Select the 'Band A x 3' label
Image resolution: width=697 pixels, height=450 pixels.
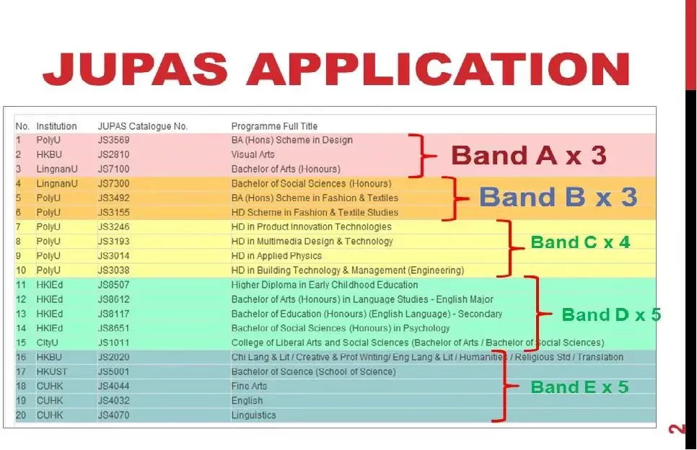(x=528, y=155)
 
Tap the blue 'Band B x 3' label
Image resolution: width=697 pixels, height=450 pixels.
(x=558, y=197)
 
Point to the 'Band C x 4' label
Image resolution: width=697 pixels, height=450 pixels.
(x=580, y=242)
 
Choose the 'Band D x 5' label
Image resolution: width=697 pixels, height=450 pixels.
(x=610, y=314)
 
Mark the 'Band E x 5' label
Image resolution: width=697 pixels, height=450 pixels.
(x=579, y=387)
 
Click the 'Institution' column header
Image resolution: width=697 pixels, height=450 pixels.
(x=56, y=126)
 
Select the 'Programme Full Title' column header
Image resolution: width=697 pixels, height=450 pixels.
(x=274, y=126)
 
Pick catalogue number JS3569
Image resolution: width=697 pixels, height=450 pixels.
(x=113, y=140)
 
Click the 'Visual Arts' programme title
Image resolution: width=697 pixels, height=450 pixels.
(x=253, y=154)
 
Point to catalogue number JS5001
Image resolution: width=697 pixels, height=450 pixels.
(x=113, y=371)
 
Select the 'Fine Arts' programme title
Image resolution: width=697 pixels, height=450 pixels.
(x=249, y=386)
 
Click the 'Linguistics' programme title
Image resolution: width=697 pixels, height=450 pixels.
(x=253, y=415)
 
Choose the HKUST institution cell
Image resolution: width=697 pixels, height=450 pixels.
(x=51, y=371)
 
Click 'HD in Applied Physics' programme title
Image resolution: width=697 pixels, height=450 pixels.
(x=276, y=256)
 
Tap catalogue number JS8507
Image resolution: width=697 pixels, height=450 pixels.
(x=113, y=285)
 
